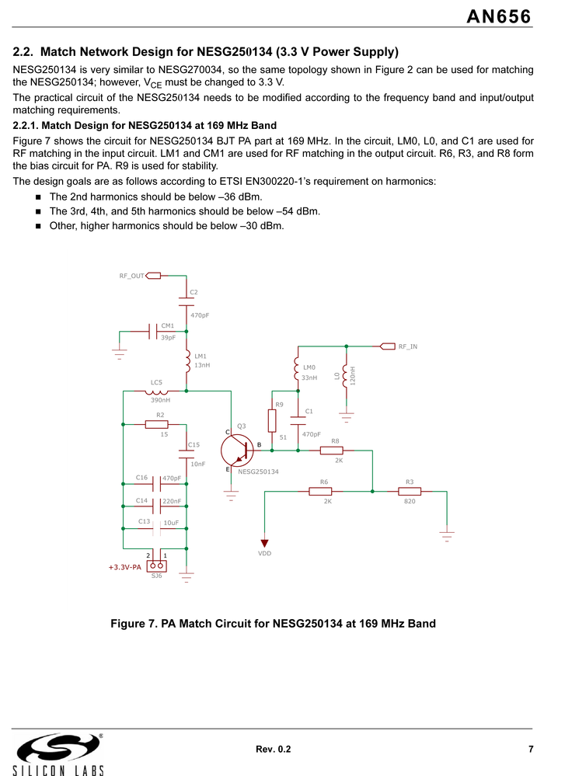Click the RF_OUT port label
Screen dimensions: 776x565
[x=131, y=276]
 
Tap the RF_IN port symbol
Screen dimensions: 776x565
[x=387, y=346]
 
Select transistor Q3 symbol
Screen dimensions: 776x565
[x=236, y=451]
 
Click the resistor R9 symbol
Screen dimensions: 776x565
[x=272, y=420]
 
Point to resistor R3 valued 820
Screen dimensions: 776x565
[x=410, y=491]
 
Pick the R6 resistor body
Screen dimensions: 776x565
[x=320, y=491]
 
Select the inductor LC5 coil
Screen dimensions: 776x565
[x=156, y=391]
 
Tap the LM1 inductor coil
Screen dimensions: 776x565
[x=187, y=360]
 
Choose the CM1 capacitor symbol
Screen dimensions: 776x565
[x=152, y=332]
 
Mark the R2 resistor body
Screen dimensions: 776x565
[x=157, y=424]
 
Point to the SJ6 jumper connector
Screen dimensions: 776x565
[x=157, y=565]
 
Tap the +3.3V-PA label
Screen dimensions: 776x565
[x=125, y=568]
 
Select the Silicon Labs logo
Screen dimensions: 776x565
[x=58, y=753]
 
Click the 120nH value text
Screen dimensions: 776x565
[x=353, y=377]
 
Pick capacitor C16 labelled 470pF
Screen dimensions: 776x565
[x=158, y=484]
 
